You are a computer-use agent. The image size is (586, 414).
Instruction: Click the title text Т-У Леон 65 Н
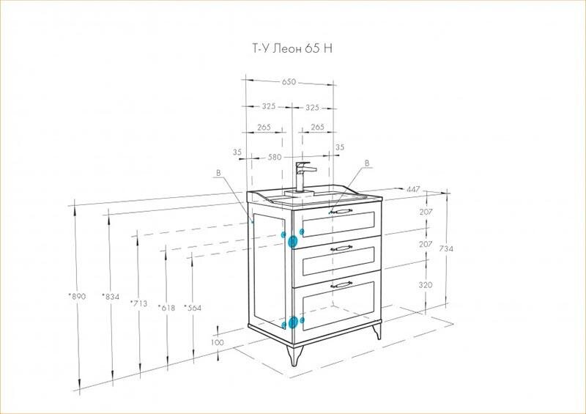coord(292,48)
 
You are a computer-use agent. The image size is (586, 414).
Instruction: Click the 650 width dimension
coord(289,81)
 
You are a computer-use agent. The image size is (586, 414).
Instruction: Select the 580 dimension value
coord(275,157)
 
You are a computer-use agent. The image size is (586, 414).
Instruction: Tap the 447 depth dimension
coord(413,189)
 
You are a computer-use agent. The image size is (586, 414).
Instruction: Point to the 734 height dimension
coord(446,248)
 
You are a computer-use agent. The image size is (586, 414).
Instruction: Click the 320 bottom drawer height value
coord(426,284)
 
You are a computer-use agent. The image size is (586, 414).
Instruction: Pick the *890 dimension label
coord(78,296)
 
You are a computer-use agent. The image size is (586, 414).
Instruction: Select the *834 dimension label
coord(111,297)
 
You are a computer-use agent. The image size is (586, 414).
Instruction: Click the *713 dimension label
coord(138,303)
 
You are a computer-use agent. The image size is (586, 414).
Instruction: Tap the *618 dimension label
coord(166,308)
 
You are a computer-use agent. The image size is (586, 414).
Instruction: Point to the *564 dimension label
coord(193,308)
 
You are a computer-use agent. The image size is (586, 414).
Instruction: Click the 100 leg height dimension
coord(217,342)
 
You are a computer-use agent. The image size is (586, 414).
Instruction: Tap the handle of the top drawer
coord(341,212)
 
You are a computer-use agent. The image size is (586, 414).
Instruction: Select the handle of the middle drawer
coord(341,248)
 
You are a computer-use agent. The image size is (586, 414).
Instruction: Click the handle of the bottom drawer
coord(341,284)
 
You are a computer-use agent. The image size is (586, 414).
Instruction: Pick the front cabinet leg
coord(294,355)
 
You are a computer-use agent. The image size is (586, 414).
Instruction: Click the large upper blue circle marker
coord(292,242)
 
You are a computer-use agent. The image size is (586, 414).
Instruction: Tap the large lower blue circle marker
coord(294,322)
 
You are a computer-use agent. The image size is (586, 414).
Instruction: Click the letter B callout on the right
coord(367,163)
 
